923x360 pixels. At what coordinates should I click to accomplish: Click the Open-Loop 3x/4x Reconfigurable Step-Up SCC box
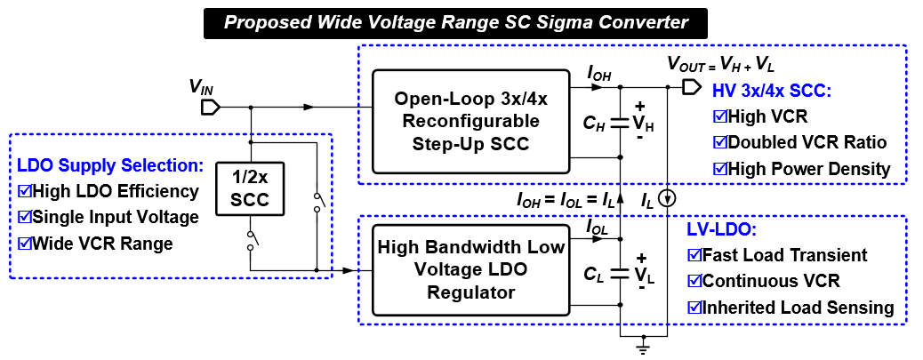(x=470, y=121)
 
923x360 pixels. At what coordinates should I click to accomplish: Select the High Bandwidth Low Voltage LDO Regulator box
(x=470, y=268)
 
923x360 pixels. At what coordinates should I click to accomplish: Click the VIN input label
(x=201, y=86)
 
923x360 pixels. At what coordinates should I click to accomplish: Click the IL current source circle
(x=669, y=197)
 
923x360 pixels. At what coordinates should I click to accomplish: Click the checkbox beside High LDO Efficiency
(x=25, y=191)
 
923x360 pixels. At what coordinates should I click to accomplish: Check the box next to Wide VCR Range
(x=25, y=243)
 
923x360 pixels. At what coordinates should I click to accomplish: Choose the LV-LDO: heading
(x=719, y=230)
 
